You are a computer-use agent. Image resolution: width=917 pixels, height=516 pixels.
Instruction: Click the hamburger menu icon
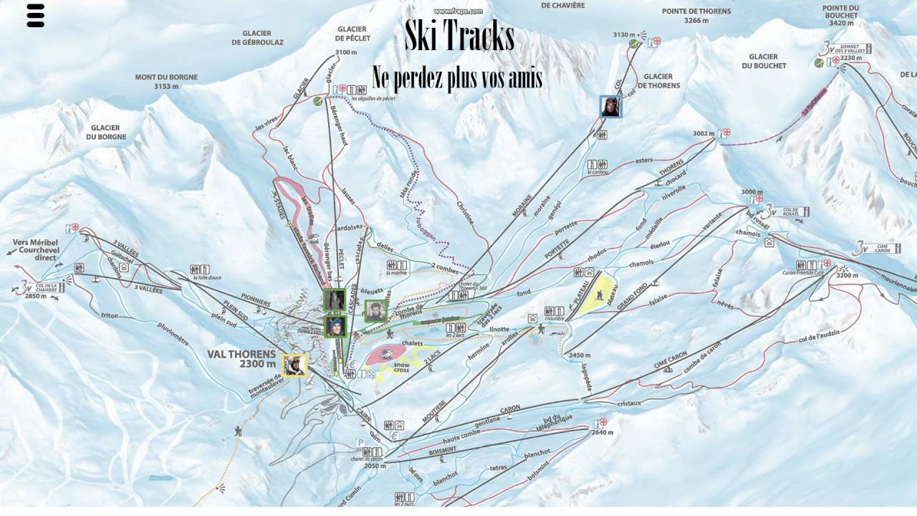point(36,16)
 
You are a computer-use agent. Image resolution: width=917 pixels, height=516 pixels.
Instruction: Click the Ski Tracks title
point(459,37)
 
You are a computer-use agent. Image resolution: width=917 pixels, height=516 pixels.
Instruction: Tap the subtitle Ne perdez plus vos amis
point(457,77)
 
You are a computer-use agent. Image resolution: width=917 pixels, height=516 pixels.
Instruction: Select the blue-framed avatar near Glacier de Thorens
point(611,107)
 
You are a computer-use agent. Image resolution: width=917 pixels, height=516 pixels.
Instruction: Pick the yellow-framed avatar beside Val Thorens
point(294,365)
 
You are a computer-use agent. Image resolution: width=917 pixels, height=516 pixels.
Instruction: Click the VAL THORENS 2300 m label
point(241,358)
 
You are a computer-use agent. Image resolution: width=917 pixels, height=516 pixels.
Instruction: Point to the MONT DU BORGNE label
point(166,82)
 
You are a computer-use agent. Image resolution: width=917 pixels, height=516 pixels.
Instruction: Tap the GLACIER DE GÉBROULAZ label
point(257,38)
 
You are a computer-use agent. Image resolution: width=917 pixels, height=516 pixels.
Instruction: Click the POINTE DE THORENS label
point(696,16)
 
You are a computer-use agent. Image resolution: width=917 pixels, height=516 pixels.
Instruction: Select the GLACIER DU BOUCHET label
point(764,61)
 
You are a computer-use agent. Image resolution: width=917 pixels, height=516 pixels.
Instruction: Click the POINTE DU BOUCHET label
point(841,15)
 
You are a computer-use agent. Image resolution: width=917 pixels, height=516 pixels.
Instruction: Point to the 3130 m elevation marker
point(625,34)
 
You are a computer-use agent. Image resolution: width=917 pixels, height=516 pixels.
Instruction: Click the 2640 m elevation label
point(602,432)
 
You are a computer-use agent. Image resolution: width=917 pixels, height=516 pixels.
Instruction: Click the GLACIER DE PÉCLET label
point(351,33)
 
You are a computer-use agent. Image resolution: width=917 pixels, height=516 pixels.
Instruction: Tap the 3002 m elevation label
point(704,133)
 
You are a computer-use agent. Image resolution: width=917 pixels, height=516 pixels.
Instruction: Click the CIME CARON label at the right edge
point(889,248)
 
